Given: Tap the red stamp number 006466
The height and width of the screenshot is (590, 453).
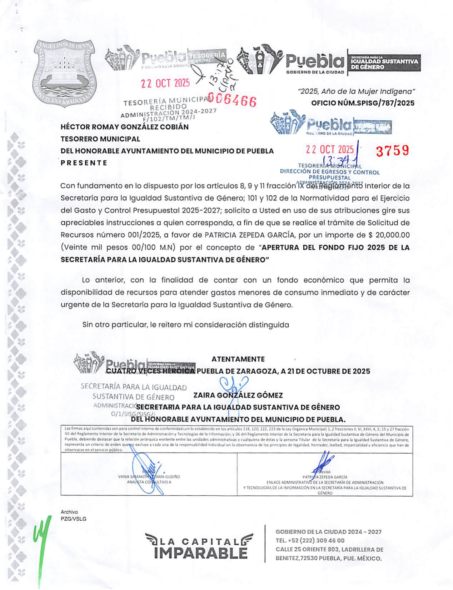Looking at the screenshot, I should pyautogui.click(x=232, y=100).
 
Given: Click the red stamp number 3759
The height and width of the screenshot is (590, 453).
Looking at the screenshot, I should pyautogui.click(x=392, y=151).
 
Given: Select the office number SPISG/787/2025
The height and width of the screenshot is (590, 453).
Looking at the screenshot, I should pyautogui.click(x=363, y=103).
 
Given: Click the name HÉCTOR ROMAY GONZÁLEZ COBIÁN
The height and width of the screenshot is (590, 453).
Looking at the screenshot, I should pyautogui.click(x=124, y=127).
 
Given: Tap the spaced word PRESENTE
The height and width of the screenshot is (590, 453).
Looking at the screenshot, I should pyautogui.click(x=84, y=163).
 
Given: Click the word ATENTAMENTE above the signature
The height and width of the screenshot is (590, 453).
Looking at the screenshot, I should pyautogui.click(x=238, y=359).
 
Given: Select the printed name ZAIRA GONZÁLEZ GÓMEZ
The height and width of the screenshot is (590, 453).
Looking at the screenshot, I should pyautogui.click(x=238, y=395).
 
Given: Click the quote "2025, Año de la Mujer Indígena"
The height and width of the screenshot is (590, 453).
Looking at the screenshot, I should pyautogui.click(x=356, y=91).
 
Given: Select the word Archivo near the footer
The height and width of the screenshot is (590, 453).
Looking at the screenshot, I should pyautogui.click(x=69, y=512).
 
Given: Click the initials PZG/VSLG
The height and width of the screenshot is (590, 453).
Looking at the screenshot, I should pyautogui.click(x=73, y=519).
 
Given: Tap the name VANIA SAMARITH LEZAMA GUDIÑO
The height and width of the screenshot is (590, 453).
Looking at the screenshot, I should pyautogui.click(x=149, y=477).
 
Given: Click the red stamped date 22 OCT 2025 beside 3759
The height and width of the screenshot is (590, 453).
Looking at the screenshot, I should pyautogui.click(x=329, y=150).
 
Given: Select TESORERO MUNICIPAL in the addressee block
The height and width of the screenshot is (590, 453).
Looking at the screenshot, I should pyautogui.click(x=100, y=139).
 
